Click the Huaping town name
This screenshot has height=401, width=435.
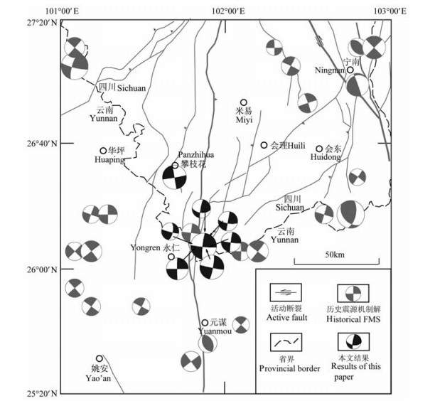(109, 160)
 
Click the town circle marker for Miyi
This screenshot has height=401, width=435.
(244, 102)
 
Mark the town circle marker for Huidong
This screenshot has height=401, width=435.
(320, 149)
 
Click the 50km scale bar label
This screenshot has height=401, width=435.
(335, 255)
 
